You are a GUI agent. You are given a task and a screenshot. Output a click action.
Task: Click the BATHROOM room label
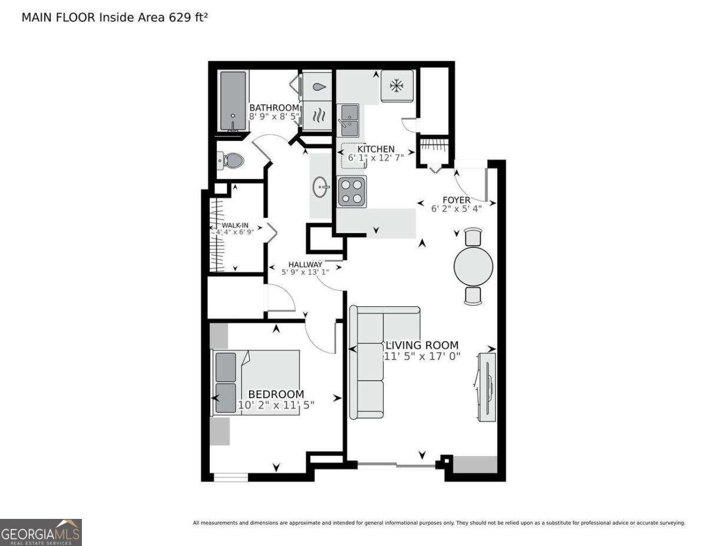274,107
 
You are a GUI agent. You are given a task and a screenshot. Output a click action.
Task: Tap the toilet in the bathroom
230,161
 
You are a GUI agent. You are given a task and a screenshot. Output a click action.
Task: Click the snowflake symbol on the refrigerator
397,86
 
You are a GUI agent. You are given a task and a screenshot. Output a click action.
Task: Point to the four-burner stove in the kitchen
352,191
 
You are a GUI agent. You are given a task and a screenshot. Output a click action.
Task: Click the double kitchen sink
348,120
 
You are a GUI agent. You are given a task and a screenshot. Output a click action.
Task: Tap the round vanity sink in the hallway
321,187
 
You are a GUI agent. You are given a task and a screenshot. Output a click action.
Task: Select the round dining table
473,266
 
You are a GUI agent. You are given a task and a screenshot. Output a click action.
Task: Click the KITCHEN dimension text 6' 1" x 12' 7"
376,158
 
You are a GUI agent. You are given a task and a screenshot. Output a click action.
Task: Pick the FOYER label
457,200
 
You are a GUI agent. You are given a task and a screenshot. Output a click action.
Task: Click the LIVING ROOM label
422,345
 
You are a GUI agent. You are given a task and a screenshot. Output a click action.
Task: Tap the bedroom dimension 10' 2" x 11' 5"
276,405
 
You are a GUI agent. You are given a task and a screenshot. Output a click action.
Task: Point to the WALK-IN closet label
235,225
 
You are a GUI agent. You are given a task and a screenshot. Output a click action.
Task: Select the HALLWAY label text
305,264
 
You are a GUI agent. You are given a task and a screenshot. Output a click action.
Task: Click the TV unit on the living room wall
487,386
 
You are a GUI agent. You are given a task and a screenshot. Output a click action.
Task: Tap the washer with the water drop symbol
317,87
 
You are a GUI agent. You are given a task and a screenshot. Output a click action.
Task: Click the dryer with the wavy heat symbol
317,116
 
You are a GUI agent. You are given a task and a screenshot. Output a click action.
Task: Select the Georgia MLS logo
41,532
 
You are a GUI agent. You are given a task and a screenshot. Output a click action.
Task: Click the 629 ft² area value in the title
188,17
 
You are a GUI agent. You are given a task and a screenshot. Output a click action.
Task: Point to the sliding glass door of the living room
397,465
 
